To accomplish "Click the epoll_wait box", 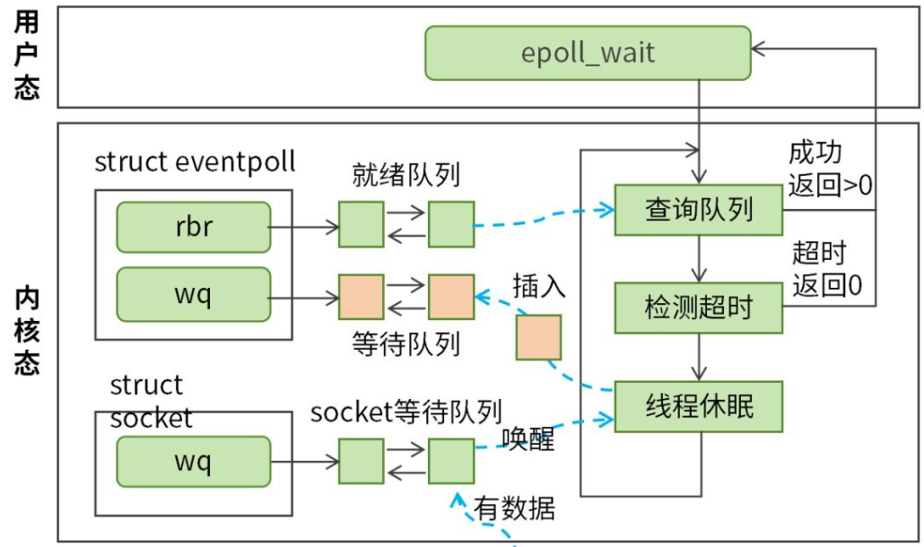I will (x=588, y=52).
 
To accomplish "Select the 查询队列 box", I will (x=698, y=210).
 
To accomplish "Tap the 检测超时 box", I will (x=698, y=308).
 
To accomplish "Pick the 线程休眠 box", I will (x=698, y=406).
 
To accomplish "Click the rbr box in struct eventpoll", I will (x=193, y=227).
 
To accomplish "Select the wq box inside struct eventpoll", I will (x=193, y=294).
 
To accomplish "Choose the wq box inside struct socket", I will (x=193, y=462).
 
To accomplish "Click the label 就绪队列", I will (x=406, y=174).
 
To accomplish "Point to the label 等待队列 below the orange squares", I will (x=406, y=344).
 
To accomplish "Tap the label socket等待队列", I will (x=405, y=412).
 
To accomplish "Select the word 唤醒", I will (x=528, y=439).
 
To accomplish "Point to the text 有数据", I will (x=515, y=509).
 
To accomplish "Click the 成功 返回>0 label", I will (x=830, y=169).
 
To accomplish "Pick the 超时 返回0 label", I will (x=825, y=268).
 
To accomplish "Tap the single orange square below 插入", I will (x=538, y=337).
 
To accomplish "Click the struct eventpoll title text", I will (x=195, y=162).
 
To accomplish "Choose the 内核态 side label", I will (x=26, y=332).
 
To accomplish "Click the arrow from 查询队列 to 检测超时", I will (x=698, y=259).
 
